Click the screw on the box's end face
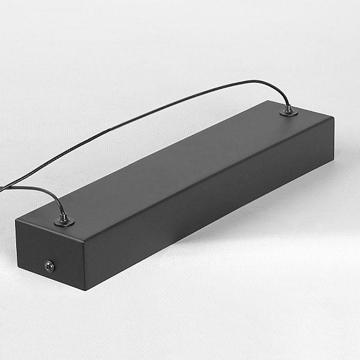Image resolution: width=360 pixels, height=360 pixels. point(49,265)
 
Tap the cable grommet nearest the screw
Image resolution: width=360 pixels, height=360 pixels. point(64,222)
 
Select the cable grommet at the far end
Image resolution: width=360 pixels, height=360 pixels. point(289,111)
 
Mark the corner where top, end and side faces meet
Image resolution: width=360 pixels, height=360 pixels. point(82,235)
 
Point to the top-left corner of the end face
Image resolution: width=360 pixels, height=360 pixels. point(16,222)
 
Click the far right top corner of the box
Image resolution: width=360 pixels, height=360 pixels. point(334,117)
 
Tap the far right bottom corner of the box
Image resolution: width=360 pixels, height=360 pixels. point(332,161)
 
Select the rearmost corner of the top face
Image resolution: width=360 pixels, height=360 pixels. point(265,100)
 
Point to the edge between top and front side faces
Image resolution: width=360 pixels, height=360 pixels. point(210,175)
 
